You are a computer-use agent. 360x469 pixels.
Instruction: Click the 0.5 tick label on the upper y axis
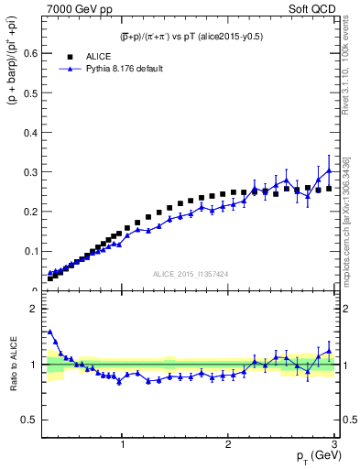click(x=30, y=93)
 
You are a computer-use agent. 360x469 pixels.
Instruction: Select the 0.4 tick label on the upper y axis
click(x=30, y=132)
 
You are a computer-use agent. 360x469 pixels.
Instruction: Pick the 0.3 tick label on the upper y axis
click(x=30, y=171)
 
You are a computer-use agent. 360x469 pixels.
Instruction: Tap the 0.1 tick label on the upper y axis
click(x=30, y=251)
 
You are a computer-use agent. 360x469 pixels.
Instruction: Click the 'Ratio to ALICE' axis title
click(x=14, y=364)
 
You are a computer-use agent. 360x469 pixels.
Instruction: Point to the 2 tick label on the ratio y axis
click(x=35, y=309)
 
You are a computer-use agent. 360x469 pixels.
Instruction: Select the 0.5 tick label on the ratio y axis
click(x=30, y=420)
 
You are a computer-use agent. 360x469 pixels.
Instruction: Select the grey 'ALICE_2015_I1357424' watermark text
click(x=191, y=275)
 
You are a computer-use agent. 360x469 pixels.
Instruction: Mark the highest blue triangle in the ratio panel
click(x=49, y=332)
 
